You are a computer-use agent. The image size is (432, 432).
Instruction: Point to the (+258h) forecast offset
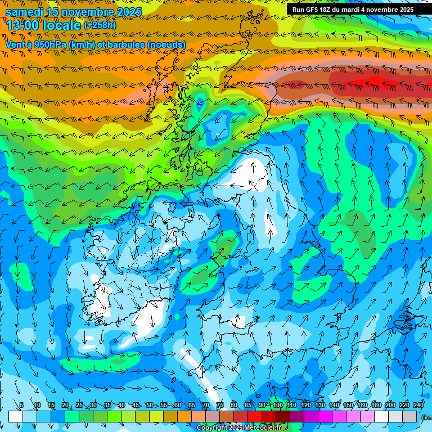click(x=100, y=25)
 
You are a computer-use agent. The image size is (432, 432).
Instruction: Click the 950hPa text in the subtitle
click(x=55, y=44)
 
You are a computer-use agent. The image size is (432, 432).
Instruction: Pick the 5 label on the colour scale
click(x=21, y=406)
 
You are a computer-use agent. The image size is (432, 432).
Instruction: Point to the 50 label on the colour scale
click(x=150, y=406)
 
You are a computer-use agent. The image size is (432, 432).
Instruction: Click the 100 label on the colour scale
click(x=277, y=406)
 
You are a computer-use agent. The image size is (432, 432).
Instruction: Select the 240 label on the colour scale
click(x=418, y=406)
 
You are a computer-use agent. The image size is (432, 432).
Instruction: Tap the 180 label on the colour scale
click(x=376, y=406)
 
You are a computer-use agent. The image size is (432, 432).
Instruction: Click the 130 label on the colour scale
click(x=319, y=406)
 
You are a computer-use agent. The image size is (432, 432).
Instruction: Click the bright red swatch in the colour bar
click(x=255, y=416)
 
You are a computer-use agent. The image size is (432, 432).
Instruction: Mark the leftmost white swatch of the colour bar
click(x=15, y=416)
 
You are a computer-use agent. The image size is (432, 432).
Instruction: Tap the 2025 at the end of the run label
click(x=406, y=10)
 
